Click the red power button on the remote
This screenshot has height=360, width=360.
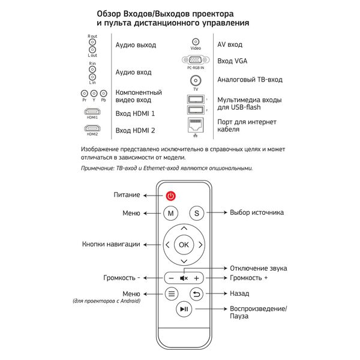pyautogui.click(x=171, y=196)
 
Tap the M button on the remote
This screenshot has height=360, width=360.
pyautogui.click(x=170, y=213)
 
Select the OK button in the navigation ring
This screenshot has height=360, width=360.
pyautogui.click(x=184, y=245)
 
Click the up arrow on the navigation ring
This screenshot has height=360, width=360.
pyautogui.click(x=184, y=228)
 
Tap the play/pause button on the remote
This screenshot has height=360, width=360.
pyautogui.click(x=184, y=309)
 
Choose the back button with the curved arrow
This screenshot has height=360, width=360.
pyautogui.click(x=197, y=294)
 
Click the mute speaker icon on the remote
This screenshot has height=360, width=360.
pyautogui.click(x=184, y=278)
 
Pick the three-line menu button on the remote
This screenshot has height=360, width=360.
pyautogui.click(x=172, y=293)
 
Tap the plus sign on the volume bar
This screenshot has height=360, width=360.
pyautogui.click(x=197, y=278)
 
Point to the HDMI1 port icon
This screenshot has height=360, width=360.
pyautogui.click(x=92, y=112)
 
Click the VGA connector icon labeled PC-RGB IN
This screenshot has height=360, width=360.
pyautogui.click(x=196, y=60)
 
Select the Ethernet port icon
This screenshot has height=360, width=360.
pyautogui.click(x=196, y=125)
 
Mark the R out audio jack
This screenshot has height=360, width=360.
pyautogui.click(x=92, y=42)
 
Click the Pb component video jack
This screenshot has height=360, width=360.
pyautogui.click(x=104, y=94)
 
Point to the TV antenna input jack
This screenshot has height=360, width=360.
pyautogui.click(x=196, y=80)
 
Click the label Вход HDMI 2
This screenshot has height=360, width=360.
pyautogui.click(x=135, y=130)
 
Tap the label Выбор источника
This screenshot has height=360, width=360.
pyautogui.click(x=257, y=212)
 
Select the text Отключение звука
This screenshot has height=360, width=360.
pyautogui.click(x=259, y=268)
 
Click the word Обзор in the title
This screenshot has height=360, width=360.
pyautogui.click(x=109, y=14)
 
